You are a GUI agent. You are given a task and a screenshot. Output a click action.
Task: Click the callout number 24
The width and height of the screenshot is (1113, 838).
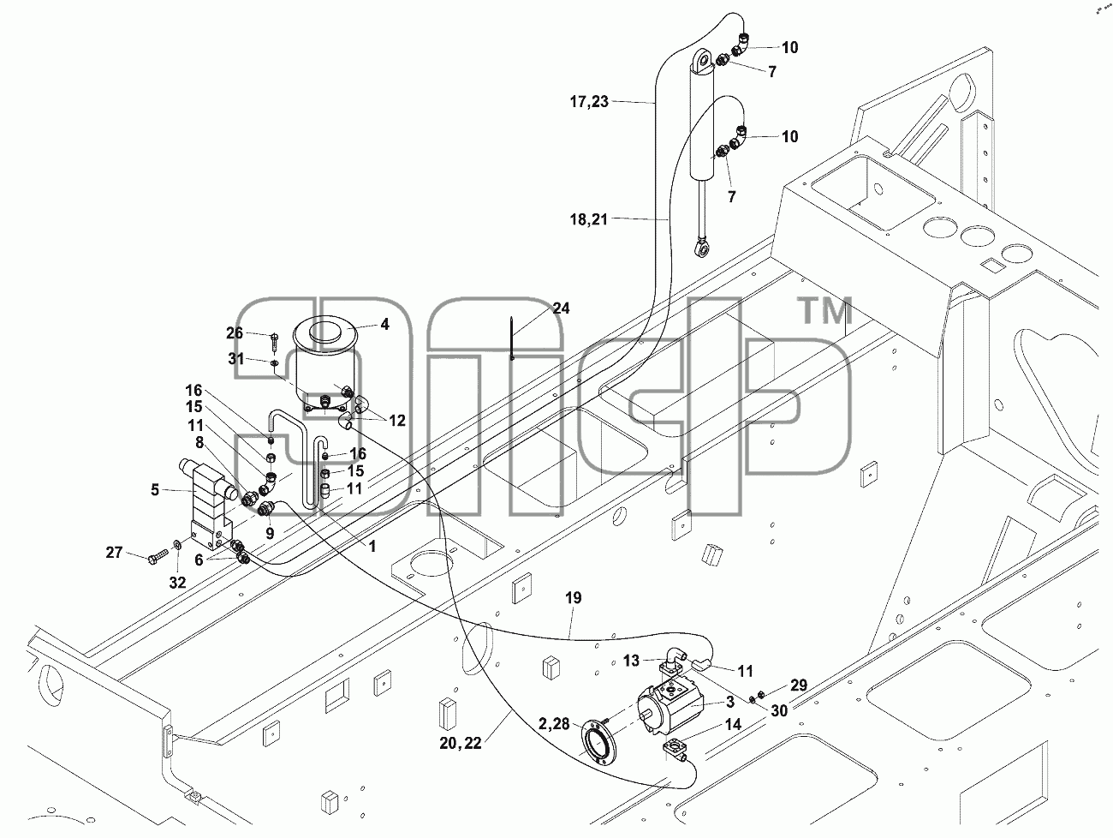(x=561, y=308)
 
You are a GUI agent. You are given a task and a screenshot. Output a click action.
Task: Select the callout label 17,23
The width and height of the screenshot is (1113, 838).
(x=589, y=101)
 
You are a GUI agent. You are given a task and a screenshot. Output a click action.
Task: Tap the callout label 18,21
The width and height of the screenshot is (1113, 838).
(x=589, y=219)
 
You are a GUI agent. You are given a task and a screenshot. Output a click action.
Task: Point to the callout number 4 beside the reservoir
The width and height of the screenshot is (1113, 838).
(x=385, y=324)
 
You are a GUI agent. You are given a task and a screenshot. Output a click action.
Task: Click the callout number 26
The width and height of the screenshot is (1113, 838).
(x=235, y=332)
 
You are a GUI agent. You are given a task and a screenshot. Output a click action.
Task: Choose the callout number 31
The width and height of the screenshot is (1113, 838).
(x=236, y=359)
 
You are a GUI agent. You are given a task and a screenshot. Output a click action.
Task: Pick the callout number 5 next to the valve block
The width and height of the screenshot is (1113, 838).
(x=155, y=489)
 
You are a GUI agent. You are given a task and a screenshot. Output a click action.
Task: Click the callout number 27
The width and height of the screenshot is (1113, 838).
(x=114, y=552)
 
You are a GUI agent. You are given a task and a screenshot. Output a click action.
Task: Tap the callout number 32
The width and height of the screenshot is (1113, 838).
(x=177, y=583)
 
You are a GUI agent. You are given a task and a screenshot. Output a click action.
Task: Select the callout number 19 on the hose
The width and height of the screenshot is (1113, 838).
(x=574, y=598)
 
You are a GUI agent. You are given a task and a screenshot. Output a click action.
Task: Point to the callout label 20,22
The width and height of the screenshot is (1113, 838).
(x=461, y=743)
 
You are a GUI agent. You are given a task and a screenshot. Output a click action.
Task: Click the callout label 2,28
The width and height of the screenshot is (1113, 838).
(x=554, y=724)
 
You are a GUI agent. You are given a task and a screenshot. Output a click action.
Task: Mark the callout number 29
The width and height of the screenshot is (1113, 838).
(x=799, y=685)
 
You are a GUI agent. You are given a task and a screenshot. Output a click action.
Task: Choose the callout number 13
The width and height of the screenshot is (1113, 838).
(x=631, y=661)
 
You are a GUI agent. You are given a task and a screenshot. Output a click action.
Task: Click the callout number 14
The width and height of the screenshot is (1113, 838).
(x=733, y=724)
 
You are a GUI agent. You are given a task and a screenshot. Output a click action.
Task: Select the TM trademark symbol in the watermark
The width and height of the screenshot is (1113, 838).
(x=825, y=310)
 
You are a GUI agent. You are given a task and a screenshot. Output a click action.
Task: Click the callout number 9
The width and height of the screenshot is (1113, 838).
(x=270, y=533)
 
